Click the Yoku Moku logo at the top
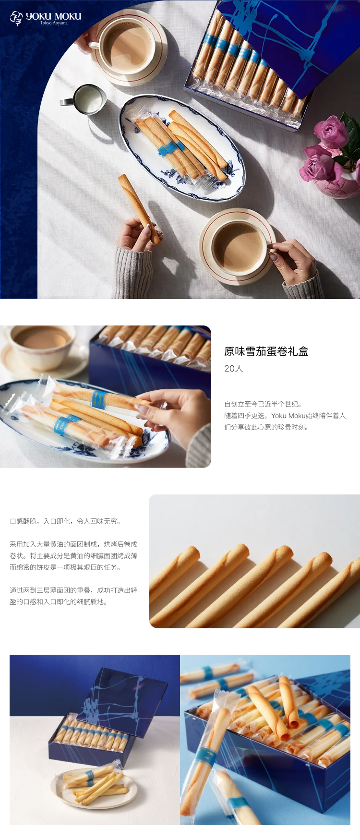click(46, 18)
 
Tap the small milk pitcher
click(84, 99)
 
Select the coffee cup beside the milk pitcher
click(126, 47)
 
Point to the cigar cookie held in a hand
click(139, 209)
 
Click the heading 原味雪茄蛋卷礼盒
click(266, 351)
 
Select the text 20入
click(234, 369)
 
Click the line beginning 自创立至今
click(263, 404)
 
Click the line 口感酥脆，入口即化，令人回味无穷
click(65, 521)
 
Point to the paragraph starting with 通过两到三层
click(73, 596)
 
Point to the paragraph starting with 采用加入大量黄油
click(73, 556)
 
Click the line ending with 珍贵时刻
click(266, 427)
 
